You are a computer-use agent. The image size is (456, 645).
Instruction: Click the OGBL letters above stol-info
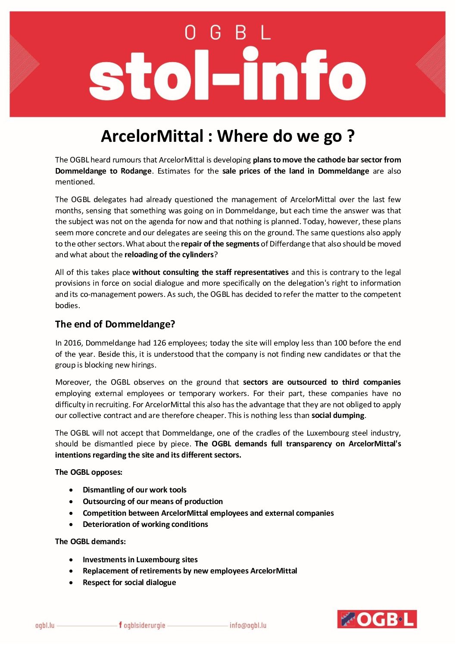click(x=228, y=33)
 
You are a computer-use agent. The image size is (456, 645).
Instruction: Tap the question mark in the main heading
click(x=350, y=136)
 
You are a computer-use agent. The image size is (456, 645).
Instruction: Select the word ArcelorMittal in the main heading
click(x=152, y=136)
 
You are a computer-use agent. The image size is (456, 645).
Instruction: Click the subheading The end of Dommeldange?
click(x=115, y=324)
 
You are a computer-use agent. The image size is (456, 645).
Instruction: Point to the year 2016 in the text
click(x=72, y=343)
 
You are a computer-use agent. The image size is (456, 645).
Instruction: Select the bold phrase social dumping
click(x=338, y=415)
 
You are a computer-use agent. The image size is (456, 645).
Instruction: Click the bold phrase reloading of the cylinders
click(x=169, y=255)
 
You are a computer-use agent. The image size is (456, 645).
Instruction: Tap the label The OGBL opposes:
click(x=89, y=472)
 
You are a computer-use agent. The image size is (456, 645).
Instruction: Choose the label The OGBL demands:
click(x=91, y=542)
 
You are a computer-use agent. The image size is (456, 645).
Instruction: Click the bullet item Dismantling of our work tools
click(x=134, y=490)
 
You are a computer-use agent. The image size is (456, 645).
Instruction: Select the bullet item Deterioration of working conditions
click(x=145, y=524)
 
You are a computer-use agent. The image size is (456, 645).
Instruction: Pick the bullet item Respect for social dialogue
click(x=129, y=583)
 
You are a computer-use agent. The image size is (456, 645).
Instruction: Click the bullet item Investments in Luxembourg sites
click(x=140, y=560)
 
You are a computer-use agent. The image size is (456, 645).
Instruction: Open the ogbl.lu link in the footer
click(x=45, y=625)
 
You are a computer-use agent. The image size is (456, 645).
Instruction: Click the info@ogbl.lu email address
click(x=248, y=625)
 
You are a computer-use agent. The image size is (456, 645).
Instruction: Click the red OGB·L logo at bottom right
click(x=377, y=619)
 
